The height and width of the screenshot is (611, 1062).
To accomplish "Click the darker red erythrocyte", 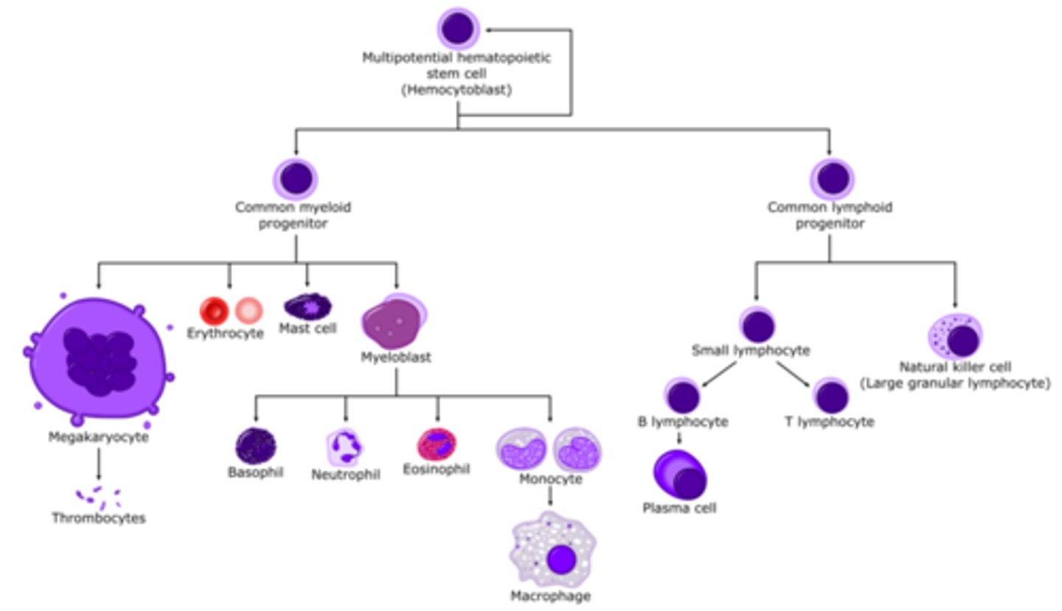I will [215, 311].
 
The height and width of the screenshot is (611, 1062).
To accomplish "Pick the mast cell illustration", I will [308, 306].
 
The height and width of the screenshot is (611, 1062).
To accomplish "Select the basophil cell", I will [255, 446].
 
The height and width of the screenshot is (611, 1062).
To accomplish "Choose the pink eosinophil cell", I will [437, 444].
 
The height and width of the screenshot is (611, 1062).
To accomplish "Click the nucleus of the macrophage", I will [561, 559].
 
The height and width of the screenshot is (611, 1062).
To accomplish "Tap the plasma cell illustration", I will [679, 475].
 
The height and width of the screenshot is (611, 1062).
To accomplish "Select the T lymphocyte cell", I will [832, 397].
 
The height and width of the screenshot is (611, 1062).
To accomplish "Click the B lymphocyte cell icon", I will [683, 396].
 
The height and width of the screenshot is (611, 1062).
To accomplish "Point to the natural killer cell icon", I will [956, 338].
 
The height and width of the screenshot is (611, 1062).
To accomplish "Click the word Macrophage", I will [551, 596].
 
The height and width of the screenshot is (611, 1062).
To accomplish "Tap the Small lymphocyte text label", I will [750, 351].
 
